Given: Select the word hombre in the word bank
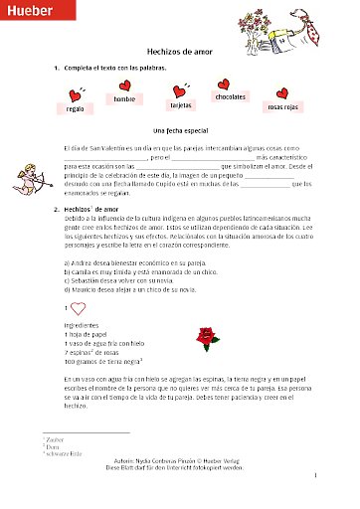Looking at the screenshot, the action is click(x=124, y=99).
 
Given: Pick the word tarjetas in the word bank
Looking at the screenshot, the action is click(x=181, y=103).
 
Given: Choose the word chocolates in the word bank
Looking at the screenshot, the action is click(x=230, y=96).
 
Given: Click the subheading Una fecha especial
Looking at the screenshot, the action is click(x=180, y=130).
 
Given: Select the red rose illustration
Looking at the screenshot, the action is click(x=207, y=309).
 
